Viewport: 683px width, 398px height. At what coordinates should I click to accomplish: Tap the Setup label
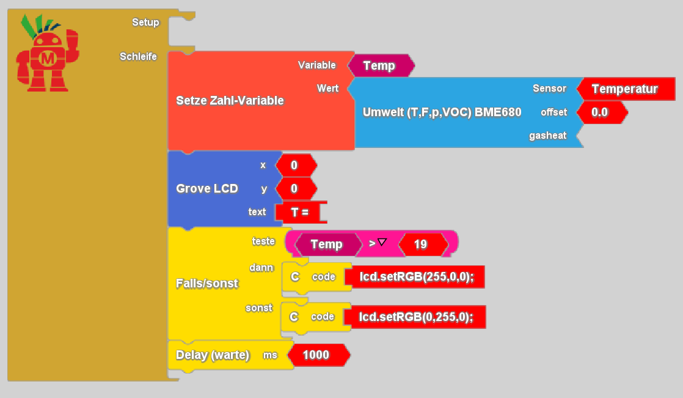click(x=145, y=23)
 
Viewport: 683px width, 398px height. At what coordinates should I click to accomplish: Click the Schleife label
click(x=138, y=57)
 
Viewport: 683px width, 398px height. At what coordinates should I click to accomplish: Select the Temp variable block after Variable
click(x=380, y=65)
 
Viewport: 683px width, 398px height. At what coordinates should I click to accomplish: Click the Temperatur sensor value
click(x=624, y=89)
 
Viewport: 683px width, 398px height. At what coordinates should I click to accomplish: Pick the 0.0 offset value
click(x=600, y=112)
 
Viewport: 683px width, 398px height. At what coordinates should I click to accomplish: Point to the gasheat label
click(x=547, y=136)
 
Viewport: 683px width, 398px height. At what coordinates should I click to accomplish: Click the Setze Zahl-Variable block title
click(x=230, y=100)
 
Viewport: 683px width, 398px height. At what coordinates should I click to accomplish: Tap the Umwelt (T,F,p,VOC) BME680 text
click(x=442, y=112)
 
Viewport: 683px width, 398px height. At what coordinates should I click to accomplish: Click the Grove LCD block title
click(x=207, y=188)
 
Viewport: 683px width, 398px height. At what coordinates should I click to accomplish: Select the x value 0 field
click(x=294, y=165)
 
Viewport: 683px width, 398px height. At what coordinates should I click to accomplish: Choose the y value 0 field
click(x=294, y=188)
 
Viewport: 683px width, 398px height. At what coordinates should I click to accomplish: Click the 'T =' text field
click(x=300, y=212)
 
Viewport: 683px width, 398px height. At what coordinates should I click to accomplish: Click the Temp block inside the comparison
click(x=326, y=245)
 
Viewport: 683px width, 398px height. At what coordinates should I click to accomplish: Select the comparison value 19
click(x=420, y=245)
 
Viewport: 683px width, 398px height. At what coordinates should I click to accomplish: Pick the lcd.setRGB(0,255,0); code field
click(x=414, y=317)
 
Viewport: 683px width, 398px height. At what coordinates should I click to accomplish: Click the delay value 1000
click(x=316, y=355)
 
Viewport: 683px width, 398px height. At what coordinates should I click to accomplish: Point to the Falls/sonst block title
click(x=207, y=284)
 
